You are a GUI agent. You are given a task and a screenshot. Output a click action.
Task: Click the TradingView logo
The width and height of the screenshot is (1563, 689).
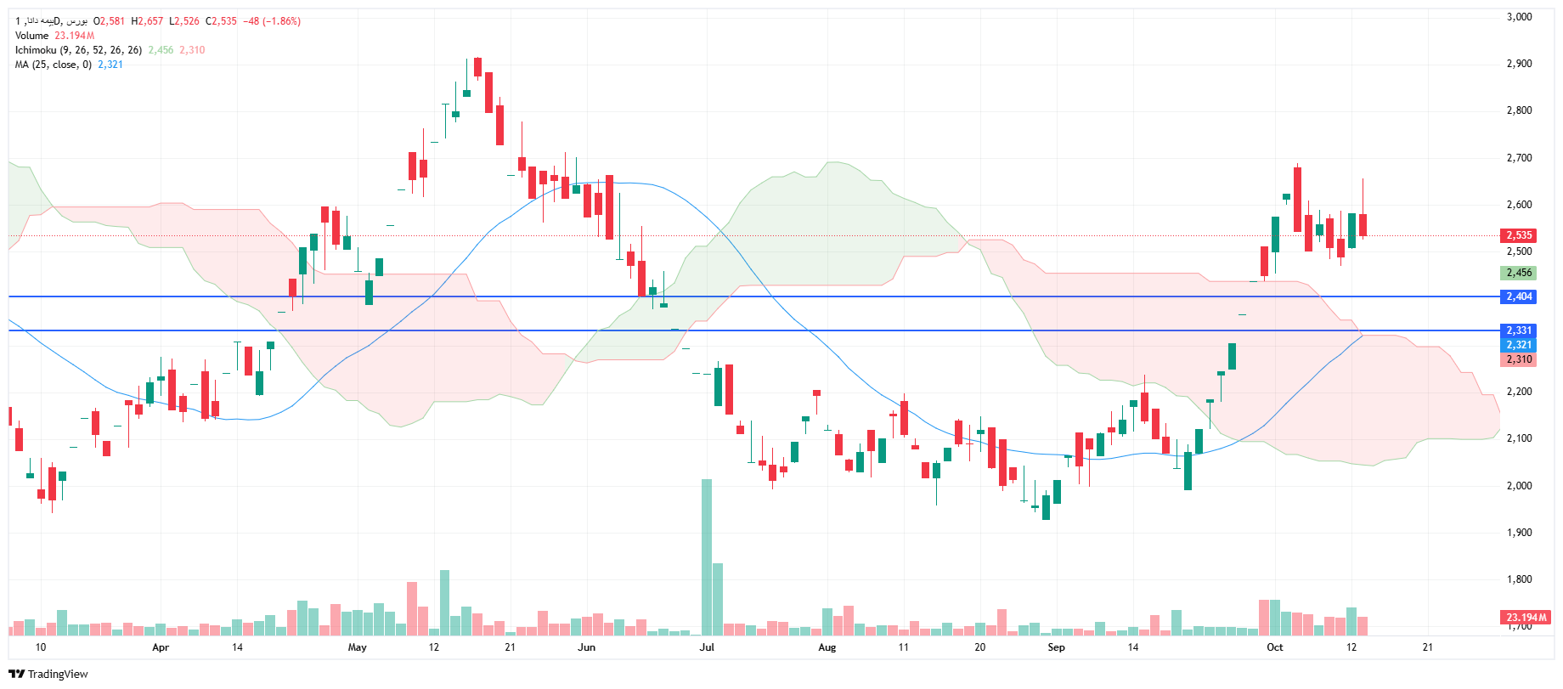pyautogui.click(x=49, y=674)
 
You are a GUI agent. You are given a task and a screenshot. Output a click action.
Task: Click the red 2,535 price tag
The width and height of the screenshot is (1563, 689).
pyautogui.click(x=1519, y=235)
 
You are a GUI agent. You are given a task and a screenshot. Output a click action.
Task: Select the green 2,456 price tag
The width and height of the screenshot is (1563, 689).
pyautogui.click(x=1519, y=273)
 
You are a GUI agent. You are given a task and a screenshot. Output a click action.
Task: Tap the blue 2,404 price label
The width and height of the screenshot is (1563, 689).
pyautogui.click(x=1519, y=296)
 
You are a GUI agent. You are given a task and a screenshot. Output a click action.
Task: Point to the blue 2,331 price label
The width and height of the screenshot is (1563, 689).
pyautogui.click(x=1519, y=330)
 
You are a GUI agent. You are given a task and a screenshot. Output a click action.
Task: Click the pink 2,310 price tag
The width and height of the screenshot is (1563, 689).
pyautogui.click(x=1519, y=359)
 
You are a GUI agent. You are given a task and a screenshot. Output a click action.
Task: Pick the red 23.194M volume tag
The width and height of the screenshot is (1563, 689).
pyautogui.click(x=1526, y=617)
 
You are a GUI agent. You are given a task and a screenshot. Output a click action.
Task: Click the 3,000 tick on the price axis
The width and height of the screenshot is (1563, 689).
pyautogui.click(x=1519, y=17)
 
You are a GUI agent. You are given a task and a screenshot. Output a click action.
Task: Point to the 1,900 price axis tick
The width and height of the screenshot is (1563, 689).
pyautogui.click(x=1519, y=533)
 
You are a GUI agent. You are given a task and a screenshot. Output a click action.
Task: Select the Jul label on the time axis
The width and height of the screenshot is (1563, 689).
pyautogui.click(x=707, y=647)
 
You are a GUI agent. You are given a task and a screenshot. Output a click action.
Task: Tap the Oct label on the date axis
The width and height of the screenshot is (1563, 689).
pyautogui.click(x=1275, y=647)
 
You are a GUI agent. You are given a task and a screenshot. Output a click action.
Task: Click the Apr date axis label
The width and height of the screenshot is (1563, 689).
pyautogui.click(x=161, y=647)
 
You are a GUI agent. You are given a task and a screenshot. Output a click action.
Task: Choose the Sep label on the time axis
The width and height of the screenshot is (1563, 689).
pyautogui.click(x=1056, y=647)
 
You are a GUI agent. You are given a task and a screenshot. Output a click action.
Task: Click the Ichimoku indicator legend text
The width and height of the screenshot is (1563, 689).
pyautogui.click(x=78, y=50)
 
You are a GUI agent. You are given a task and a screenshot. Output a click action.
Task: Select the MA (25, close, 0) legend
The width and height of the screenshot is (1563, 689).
pyautogui.click(x=54, y=65)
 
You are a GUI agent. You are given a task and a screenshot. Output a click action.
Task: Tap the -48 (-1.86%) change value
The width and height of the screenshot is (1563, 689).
pyautogui.click(x=272, y=21)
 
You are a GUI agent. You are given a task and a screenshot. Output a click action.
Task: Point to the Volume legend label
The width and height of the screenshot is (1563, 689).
pyautogui.click(x=32, y=36)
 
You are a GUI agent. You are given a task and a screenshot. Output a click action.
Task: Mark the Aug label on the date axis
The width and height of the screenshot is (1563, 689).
pyautogui.click(x=827, y=647)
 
